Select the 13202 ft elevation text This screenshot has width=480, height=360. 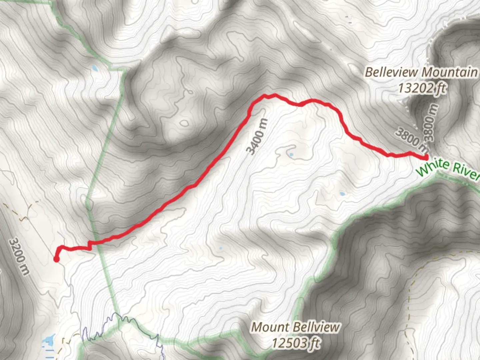pos(422,88)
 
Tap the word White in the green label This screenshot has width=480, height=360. pos(432,166)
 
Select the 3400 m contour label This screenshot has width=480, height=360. pos(257,137)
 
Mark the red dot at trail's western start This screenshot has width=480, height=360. pos(56,259)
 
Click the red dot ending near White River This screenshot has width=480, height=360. pos(426,157)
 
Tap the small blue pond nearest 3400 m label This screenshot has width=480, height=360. pos(291,155)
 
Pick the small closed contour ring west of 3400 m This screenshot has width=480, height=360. pos(184,123)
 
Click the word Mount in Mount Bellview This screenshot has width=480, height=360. pos(265,327)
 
